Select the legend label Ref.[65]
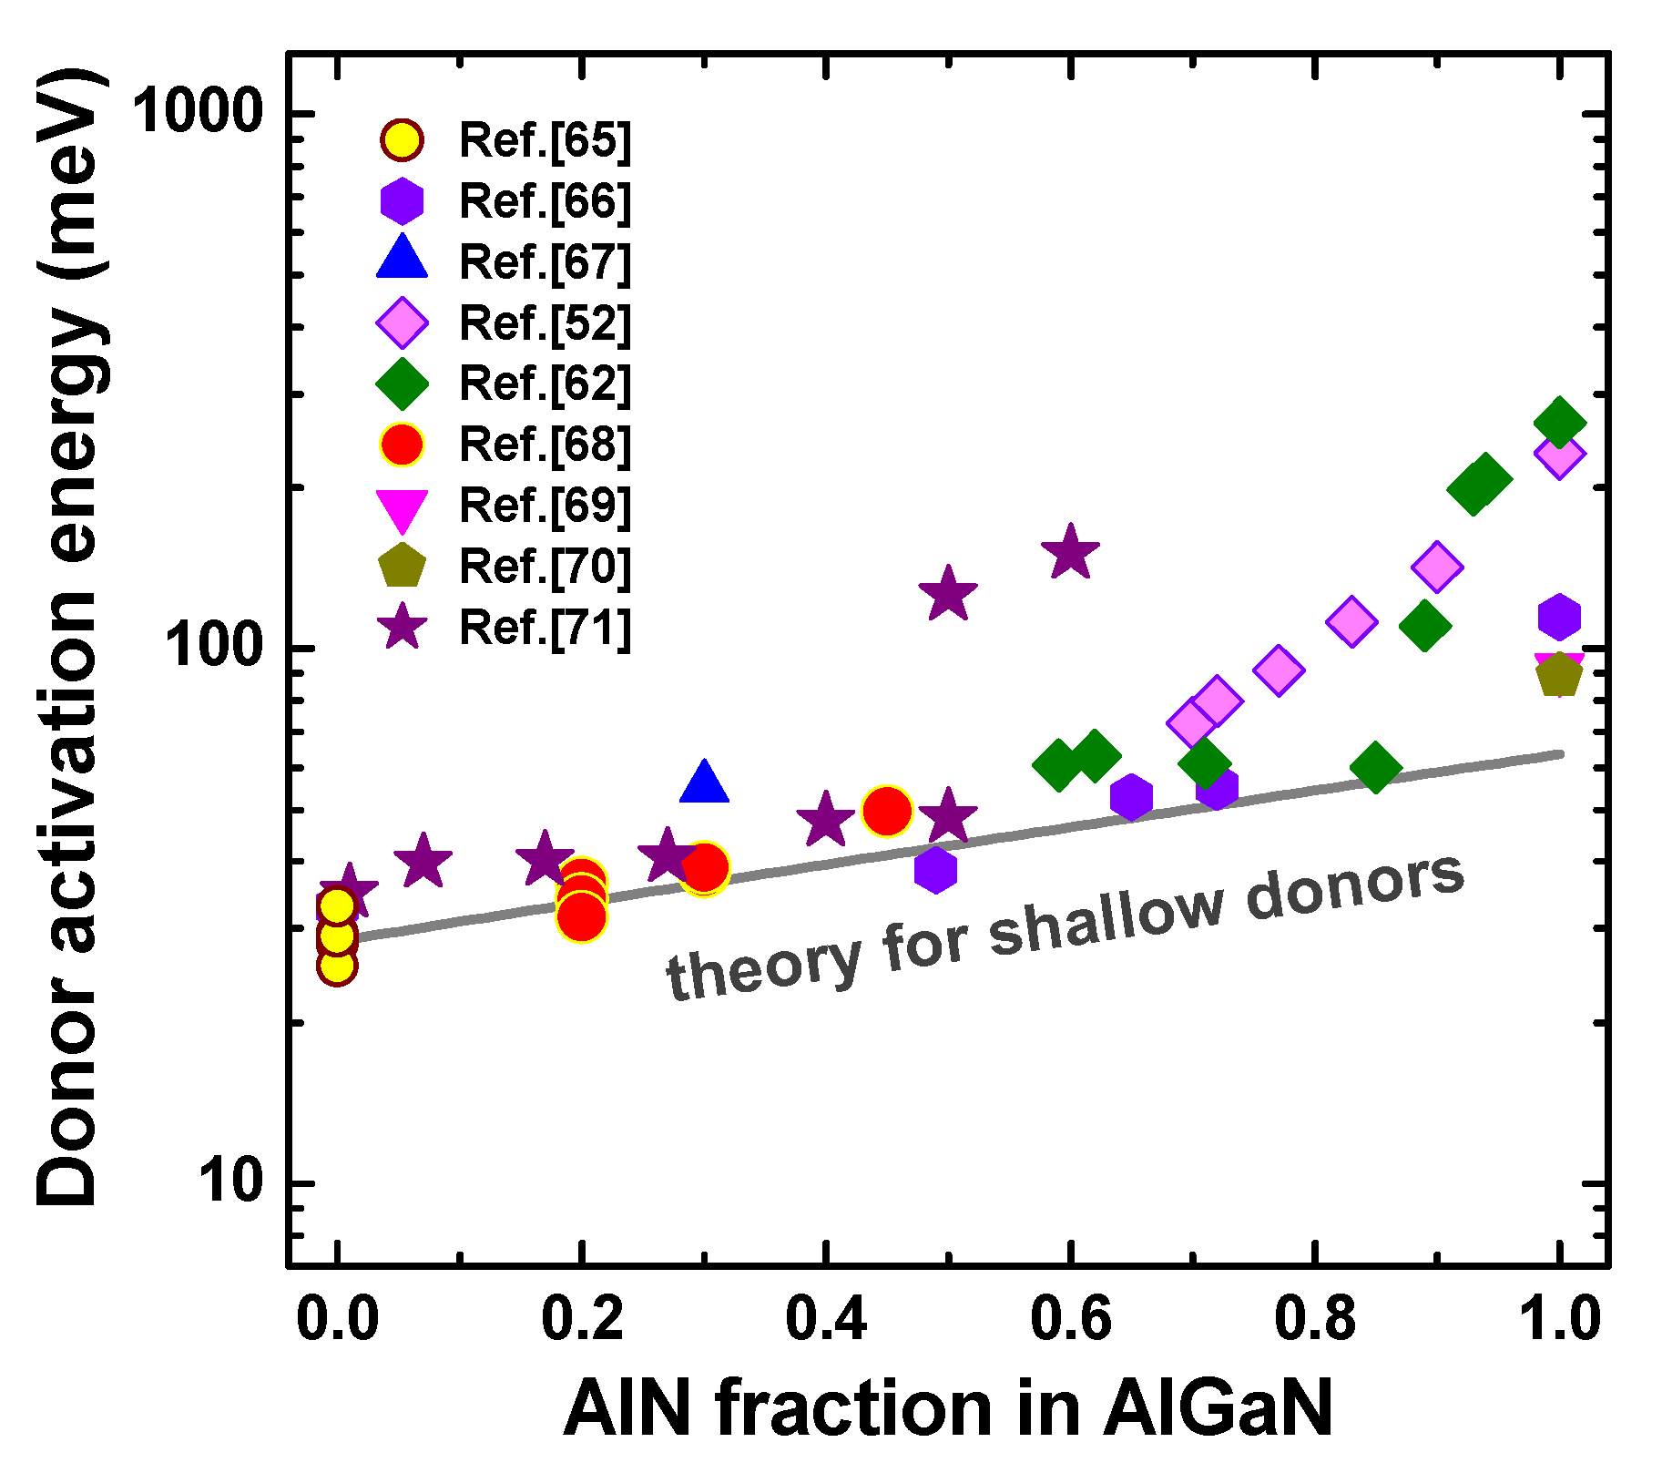point(544,140)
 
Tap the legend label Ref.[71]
point(544,628)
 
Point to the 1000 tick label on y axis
point(199,114)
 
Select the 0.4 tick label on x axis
point(825,1318)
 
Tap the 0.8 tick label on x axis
point(1315,1318)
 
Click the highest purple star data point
point(1070,552)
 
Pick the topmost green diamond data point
point(1559,423)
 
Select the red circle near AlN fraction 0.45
point(886,810)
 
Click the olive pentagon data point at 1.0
point(1559,675)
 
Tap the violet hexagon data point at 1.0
point(1558,618)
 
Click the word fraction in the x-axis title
point(853,1407)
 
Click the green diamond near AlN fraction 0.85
point(1375,767)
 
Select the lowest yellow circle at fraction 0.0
point(337,965)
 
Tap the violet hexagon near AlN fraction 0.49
point(935,870)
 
